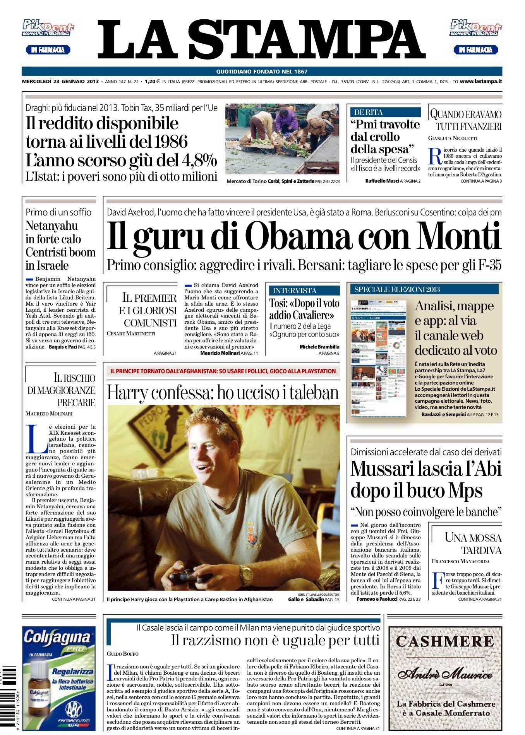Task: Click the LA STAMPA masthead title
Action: tap(262, 39)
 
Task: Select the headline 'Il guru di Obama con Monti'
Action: tap(304, 236)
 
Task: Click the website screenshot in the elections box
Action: tap(379, 358)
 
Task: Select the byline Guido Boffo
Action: tap(123, 653)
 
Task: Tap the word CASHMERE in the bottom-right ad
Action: tap(445, 642)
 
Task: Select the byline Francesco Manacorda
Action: tap(461, 561)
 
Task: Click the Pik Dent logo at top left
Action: tap(48, 28)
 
